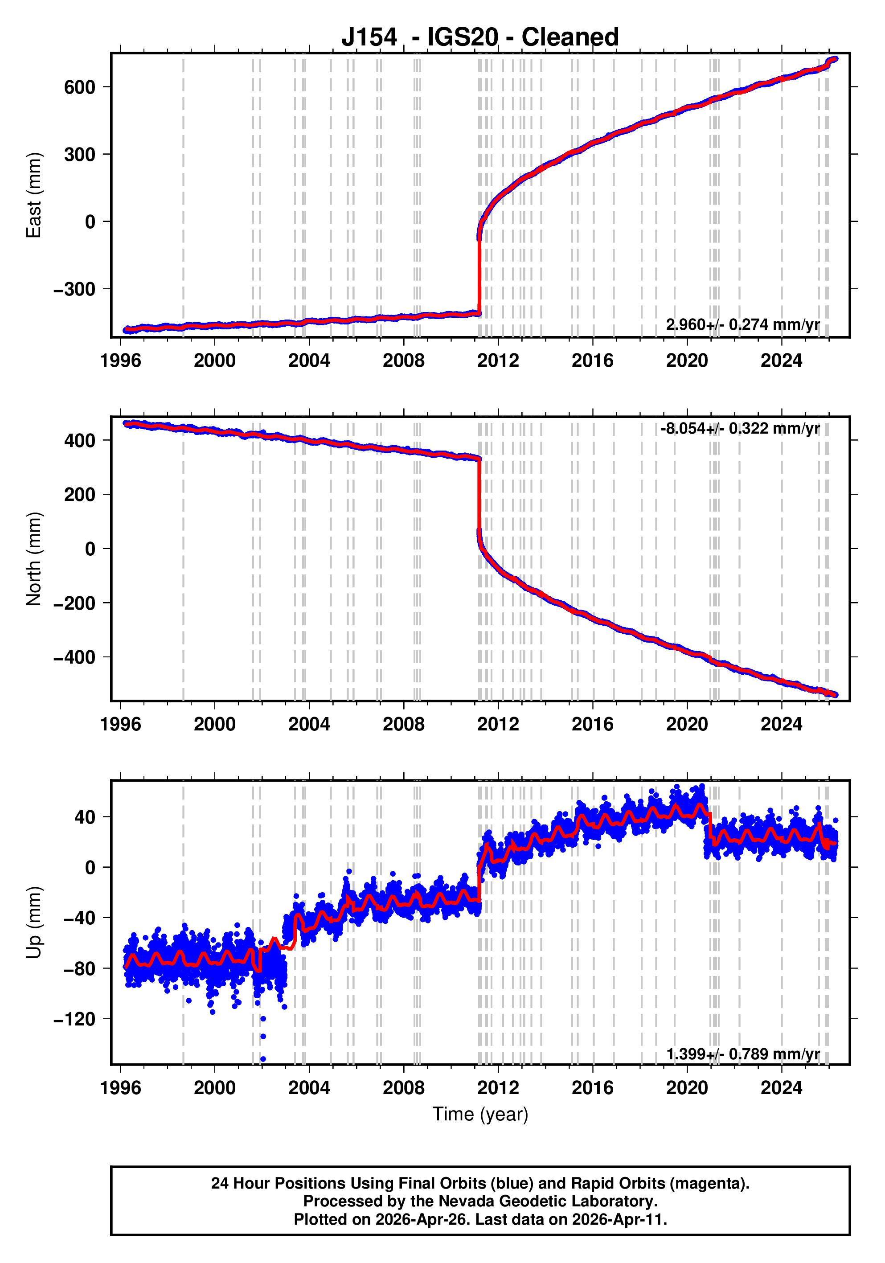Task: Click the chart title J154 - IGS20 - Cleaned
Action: (x=479, y=37)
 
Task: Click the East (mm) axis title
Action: (x=34, y=195)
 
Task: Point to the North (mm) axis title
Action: (x=34, y=559)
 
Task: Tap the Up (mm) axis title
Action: (x=34, y=923)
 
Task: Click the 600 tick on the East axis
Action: (x=79, y=87)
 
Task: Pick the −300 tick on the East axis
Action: (x=74, y=289)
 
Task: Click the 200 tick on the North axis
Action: (x=79, y=495)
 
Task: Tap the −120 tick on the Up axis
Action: (x=74, y=1019)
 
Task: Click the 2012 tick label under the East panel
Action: (x=498, y=361)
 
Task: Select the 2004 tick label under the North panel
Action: (x=309, y=725)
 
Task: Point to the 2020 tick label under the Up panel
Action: (x=687, y=1088)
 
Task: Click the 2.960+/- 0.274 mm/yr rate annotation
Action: (x=742, y=324)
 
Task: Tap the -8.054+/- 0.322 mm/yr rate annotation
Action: (x=740, y=429)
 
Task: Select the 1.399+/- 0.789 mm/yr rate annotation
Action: (x=742, y=1054)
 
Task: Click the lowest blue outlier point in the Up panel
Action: (x=263, y=1059)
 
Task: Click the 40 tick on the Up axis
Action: (x=85, y=817)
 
